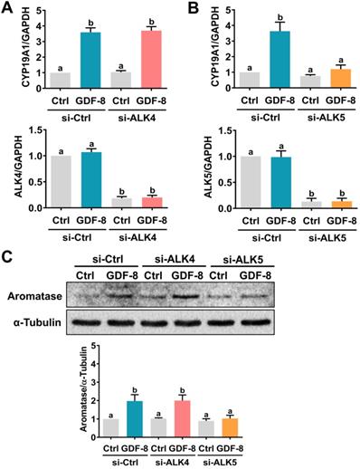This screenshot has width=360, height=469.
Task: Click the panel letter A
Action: coord(7,8)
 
